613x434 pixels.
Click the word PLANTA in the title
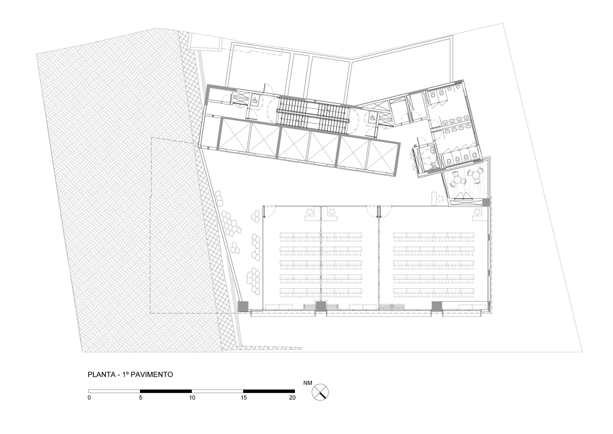[101, 374]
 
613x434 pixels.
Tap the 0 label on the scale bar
[89, 398]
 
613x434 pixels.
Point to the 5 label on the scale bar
[141, 398]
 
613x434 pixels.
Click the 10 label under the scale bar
[192, 398]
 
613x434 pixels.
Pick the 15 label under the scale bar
[244, 398]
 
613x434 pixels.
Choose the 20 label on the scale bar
[292, 398]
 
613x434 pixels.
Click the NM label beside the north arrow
[307, 383]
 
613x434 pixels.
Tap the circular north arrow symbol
[320, 392]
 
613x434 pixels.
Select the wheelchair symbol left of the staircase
[255, 101]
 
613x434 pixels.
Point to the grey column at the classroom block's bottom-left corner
[243, 306]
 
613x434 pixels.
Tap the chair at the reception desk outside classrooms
[441, 199]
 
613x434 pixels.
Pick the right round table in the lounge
[476, 175]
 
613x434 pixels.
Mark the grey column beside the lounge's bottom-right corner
[486, 202]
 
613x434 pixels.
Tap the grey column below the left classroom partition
[321, 306]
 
